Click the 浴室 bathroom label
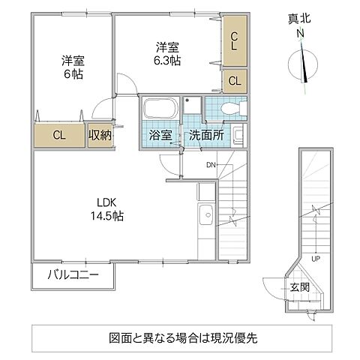[159, 136]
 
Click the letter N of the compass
[300, 34]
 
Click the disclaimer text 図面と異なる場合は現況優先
[180, 337]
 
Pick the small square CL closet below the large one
[234, 80]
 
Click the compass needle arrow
[306, 64]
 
